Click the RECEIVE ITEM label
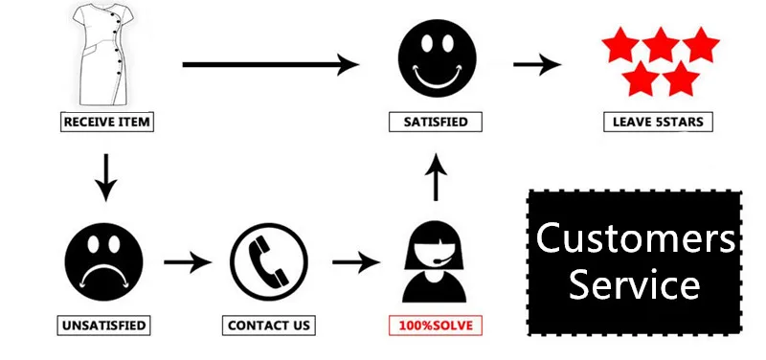point(106,123)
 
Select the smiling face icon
point(436,62)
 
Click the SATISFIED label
point(436,123)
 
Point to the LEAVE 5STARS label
point(659,123)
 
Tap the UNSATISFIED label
point(104,326)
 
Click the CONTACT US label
point(270,326)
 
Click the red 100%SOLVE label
point(437,326)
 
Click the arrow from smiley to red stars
point(537,64)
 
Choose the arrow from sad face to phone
point(186,260)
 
